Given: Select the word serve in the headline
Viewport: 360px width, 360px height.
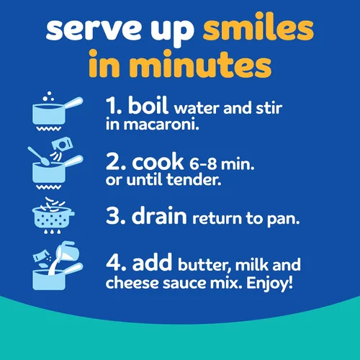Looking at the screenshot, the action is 93,30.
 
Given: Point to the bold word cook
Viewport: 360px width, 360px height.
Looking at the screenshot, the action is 158,161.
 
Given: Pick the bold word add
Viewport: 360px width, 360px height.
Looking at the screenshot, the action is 152,261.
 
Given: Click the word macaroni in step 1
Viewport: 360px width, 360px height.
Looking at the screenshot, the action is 161,125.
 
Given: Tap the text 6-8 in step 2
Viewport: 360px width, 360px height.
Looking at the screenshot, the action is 203,164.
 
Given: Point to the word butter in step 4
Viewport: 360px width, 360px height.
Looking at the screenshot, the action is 204,265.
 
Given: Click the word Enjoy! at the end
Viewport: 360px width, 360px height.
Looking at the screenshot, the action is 270,284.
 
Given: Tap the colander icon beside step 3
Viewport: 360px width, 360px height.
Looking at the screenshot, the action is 53,215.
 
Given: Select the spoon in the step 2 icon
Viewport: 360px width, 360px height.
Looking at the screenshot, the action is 39,156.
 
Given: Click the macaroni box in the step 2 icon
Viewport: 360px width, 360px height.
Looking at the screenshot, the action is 62,145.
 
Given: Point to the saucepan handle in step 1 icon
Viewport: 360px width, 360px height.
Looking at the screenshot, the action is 73,104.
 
